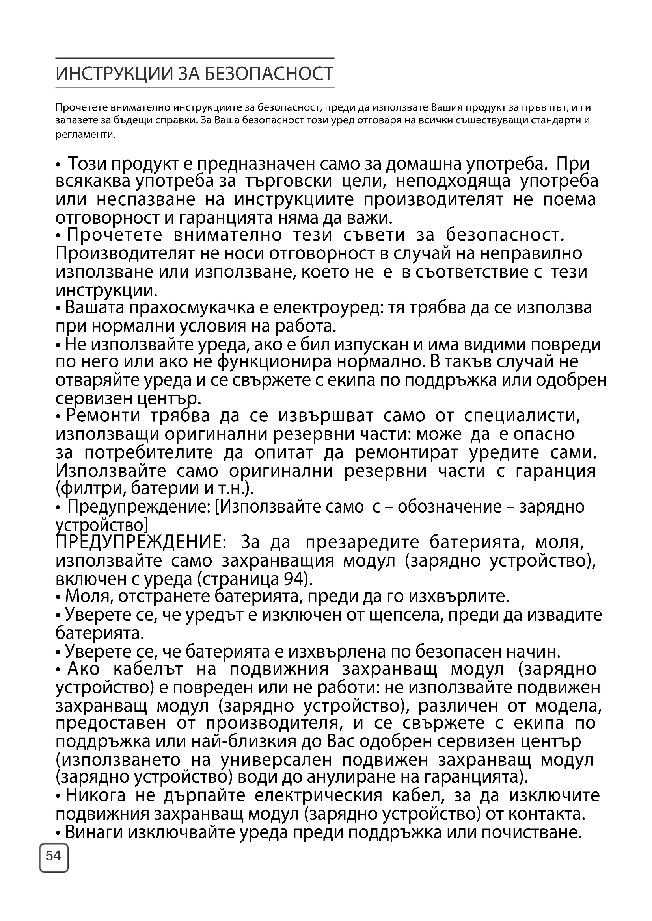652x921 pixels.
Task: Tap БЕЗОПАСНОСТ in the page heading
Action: tap(269, 74)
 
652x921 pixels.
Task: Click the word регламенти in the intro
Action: tap(85, 135)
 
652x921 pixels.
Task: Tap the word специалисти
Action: tap(522, 415)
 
